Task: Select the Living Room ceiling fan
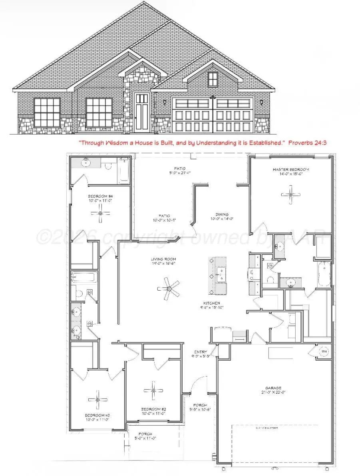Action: [x=168, y=288]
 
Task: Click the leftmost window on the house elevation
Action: [x=47, y=113]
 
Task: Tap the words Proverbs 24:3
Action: [x=308, y=142]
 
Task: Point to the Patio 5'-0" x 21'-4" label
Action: [x=179, y=171]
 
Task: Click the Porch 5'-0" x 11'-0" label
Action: [x=145, y=436]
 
